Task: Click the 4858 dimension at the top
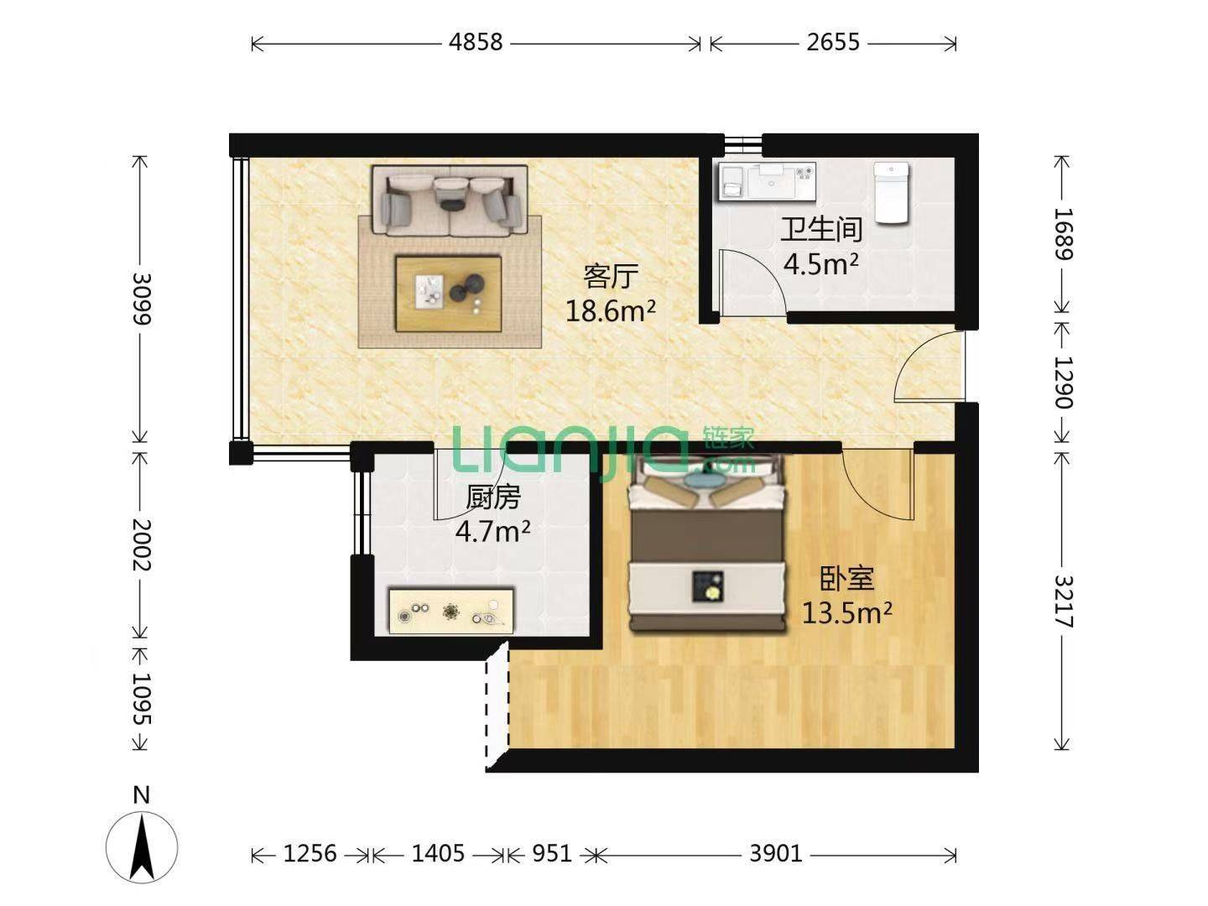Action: click(x=476, y=42)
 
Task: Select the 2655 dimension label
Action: click(x=833, y=42)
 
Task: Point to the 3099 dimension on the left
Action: click(x=142, y=299)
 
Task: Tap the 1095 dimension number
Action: click(x=142, y=698)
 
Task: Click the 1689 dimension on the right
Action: click(x=1063, y=234)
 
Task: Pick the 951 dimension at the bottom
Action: click(x=552, y=853)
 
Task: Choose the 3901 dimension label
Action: click(x=775, y=853)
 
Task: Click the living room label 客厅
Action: click(x=611, y=276)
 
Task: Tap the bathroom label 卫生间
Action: click(x=820, y=229)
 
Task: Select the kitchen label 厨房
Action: click(x=492, y=497)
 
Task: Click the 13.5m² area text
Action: click(x=846, y=612)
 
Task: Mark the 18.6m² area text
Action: click(x=611, y=311)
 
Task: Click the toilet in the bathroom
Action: click(x=891, y=193)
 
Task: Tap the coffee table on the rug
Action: click(x=448, y=294)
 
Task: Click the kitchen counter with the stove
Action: click(x=450, y=612)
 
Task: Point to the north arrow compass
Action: click(x=142, y=846)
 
